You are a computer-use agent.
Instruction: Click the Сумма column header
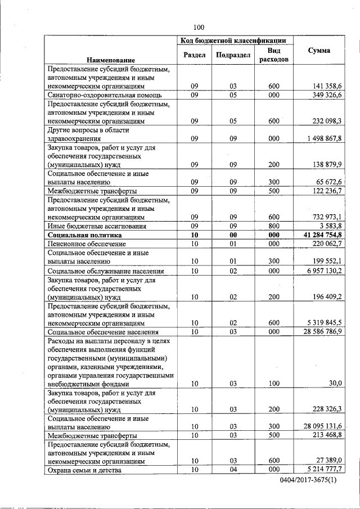(x=319, y=51)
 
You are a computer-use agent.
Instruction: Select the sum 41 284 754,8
(x=323, y=235)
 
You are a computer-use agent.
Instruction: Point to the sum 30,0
(x=335, y=384)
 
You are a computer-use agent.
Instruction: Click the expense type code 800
(x=274, y=226)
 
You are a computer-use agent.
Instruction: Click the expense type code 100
(x=274, y=384)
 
